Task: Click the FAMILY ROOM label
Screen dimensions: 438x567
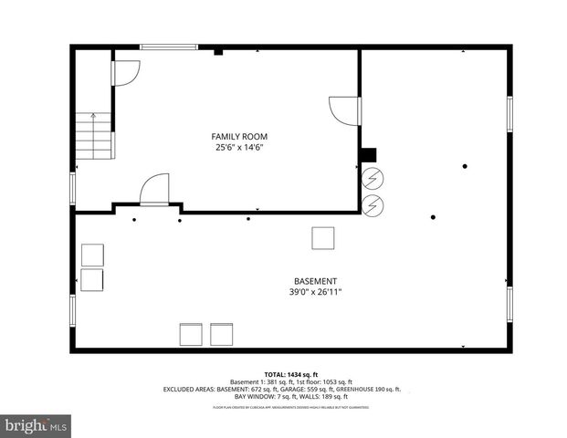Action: [241, 136]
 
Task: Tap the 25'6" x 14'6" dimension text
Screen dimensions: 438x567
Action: [241, 147]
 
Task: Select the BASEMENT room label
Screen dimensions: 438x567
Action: [315, 281]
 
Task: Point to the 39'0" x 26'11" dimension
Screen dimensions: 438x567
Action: [315, 292]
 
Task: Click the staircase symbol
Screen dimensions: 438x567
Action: [93, 135]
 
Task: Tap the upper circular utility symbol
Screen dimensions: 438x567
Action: [373, 177]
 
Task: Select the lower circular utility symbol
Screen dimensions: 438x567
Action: [373, 205]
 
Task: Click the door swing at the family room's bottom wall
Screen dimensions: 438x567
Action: [155, 191]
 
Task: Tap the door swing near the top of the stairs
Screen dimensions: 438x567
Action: [125, 74]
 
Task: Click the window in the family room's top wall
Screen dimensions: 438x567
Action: [169, 47]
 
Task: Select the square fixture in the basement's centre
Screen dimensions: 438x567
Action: [323, 237]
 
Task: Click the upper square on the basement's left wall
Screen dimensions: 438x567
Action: [93, 255]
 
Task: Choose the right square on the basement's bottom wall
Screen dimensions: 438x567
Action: [222, 334]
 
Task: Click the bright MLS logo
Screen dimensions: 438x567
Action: [36, 425]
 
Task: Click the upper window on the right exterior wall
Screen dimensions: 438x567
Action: [509, 115]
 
